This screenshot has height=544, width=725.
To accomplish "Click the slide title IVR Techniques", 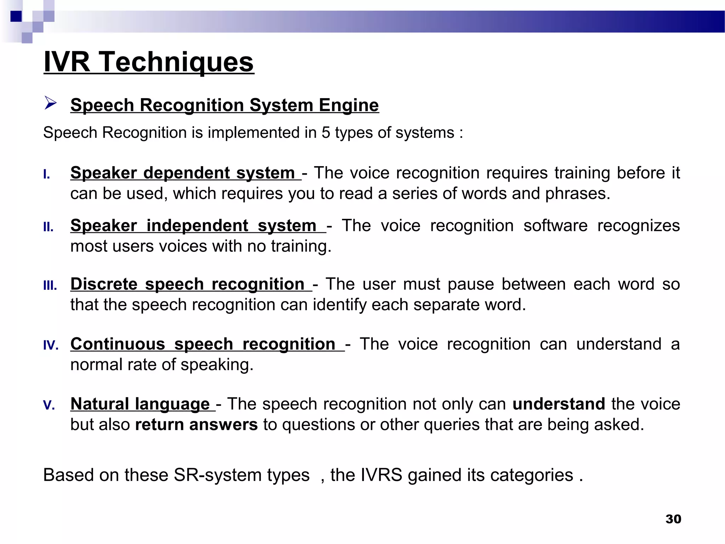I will (x=149, y=62).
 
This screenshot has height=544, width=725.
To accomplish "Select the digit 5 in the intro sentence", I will (x=326, y=133).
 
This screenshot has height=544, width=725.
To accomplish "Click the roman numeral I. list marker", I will (x=46, y=175).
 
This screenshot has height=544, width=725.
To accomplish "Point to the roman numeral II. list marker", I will (x=48, y=227).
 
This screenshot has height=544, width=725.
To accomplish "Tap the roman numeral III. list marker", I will (x=50, y=286).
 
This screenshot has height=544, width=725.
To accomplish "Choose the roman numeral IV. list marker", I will (x=51, y=345).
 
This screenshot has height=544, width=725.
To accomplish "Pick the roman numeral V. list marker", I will (x=49, y=405).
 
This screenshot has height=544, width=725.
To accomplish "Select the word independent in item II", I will (x=197, y=226).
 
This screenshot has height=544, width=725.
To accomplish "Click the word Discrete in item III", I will (x=104, y=284).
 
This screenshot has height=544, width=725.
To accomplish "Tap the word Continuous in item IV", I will (x=118, y=344).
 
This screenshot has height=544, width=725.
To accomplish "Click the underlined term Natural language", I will (x=140, y=404).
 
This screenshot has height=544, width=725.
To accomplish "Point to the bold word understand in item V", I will (x=559, y=404).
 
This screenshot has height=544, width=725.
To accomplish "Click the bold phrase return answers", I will (x=196, y=425).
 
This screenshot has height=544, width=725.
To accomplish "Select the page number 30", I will (x=673, y=519).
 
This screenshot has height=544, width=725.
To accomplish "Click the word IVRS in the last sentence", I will (x=381, y=475).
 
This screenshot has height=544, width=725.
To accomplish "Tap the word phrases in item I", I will (x=578, y=194).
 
